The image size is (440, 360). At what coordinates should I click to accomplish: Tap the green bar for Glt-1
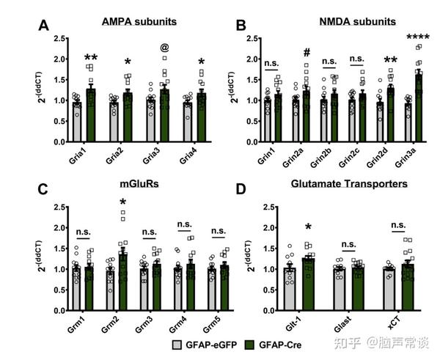click(307, 287)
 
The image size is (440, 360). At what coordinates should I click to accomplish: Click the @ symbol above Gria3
click(164, 48)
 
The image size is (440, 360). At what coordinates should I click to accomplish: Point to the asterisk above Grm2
click(123, 203)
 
